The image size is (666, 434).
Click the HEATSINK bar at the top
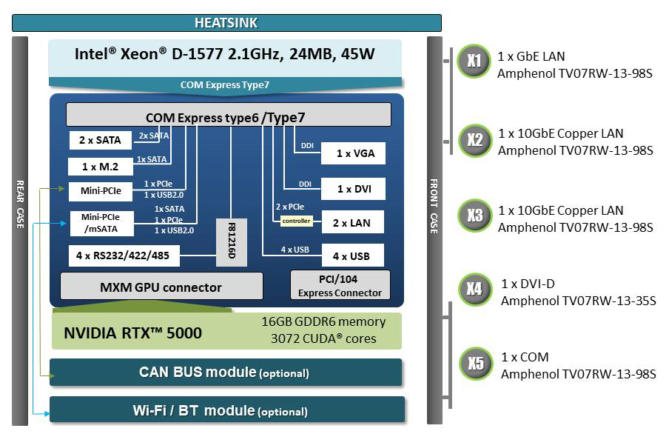click(x=226, y=23)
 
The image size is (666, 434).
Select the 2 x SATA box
click(x=100, y=139)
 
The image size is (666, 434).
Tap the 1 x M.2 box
click(x=100, y=167)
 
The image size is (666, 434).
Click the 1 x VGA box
click(x=353, y=154)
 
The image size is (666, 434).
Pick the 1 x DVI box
click(x=353, y=189)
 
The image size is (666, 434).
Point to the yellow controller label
click(x=295, y=221)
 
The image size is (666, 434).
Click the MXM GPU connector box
click(x=161, y=287)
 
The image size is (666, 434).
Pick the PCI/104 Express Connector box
click(x=340, y=285)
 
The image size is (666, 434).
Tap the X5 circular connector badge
click(x=474, y=364)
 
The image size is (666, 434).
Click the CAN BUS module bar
click(x=226, y=372)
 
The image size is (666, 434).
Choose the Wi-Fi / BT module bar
click(x=226, y=410)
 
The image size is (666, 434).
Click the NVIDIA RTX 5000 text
click(x=133, y=333)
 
